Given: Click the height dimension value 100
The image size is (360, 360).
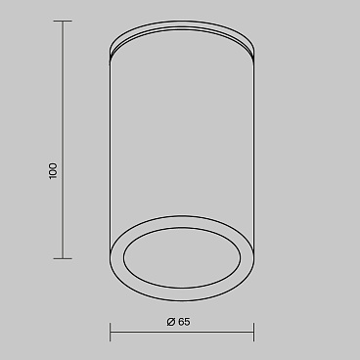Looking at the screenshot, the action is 53,171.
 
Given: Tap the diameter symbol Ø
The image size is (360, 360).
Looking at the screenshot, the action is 171,322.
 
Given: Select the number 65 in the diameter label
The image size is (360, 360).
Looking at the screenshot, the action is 184,322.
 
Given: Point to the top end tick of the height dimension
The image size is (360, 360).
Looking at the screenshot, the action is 63,22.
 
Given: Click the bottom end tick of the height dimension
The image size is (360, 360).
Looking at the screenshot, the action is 63,259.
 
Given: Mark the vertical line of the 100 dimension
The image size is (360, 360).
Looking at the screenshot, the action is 63,140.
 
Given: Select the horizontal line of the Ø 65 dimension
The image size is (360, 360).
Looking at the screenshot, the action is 182,333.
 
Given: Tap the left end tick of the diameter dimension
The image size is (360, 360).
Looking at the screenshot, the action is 111,333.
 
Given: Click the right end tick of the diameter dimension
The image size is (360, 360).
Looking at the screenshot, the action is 254,333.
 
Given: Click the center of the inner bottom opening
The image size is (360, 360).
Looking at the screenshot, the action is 182,257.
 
